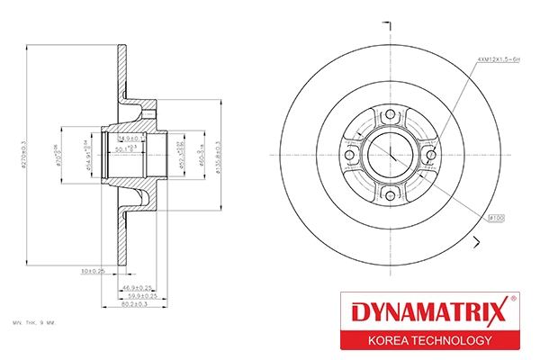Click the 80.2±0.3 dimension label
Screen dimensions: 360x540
click(x=138, y=305)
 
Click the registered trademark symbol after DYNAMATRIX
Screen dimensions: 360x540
click(x=513, y=299)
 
